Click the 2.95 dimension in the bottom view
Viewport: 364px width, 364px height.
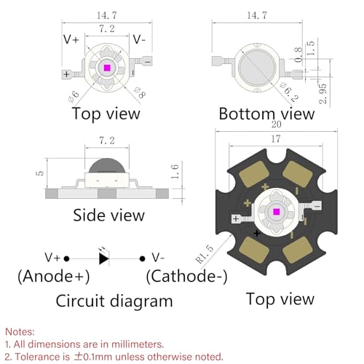[323, 94]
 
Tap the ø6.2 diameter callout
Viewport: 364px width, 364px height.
[289, 92]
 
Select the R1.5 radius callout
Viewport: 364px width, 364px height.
[205, 254]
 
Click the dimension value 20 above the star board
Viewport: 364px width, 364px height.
[276, 124]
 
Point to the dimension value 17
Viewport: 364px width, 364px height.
[276, 139]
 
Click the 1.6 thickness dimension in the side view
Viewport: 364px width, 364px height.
[175, 172]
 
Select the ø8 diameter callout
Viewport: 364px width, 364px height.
[141, 92]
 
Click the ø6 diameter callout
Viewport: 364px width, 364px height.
[74, 96]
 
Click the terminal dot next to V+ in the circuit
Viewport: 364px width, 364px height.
[66, 258]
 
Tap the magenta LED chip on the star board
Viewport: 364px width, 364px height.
[276, 212]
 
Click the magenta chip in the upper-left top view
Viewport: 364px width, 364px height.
[107, 68]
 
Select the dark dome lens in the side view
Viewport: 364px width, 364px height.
[107, 165]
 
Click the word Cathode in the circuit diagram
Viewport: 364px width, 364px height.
[183, 276]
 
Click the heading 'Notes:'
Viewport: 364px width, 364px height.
[20, 331]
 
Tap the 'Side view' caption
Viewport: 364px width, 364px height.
[108, 215]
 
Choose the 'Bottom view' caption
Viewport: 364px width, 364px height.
[266, 114]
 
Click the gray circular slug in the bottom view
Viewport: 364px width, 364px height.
[257, 67]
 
